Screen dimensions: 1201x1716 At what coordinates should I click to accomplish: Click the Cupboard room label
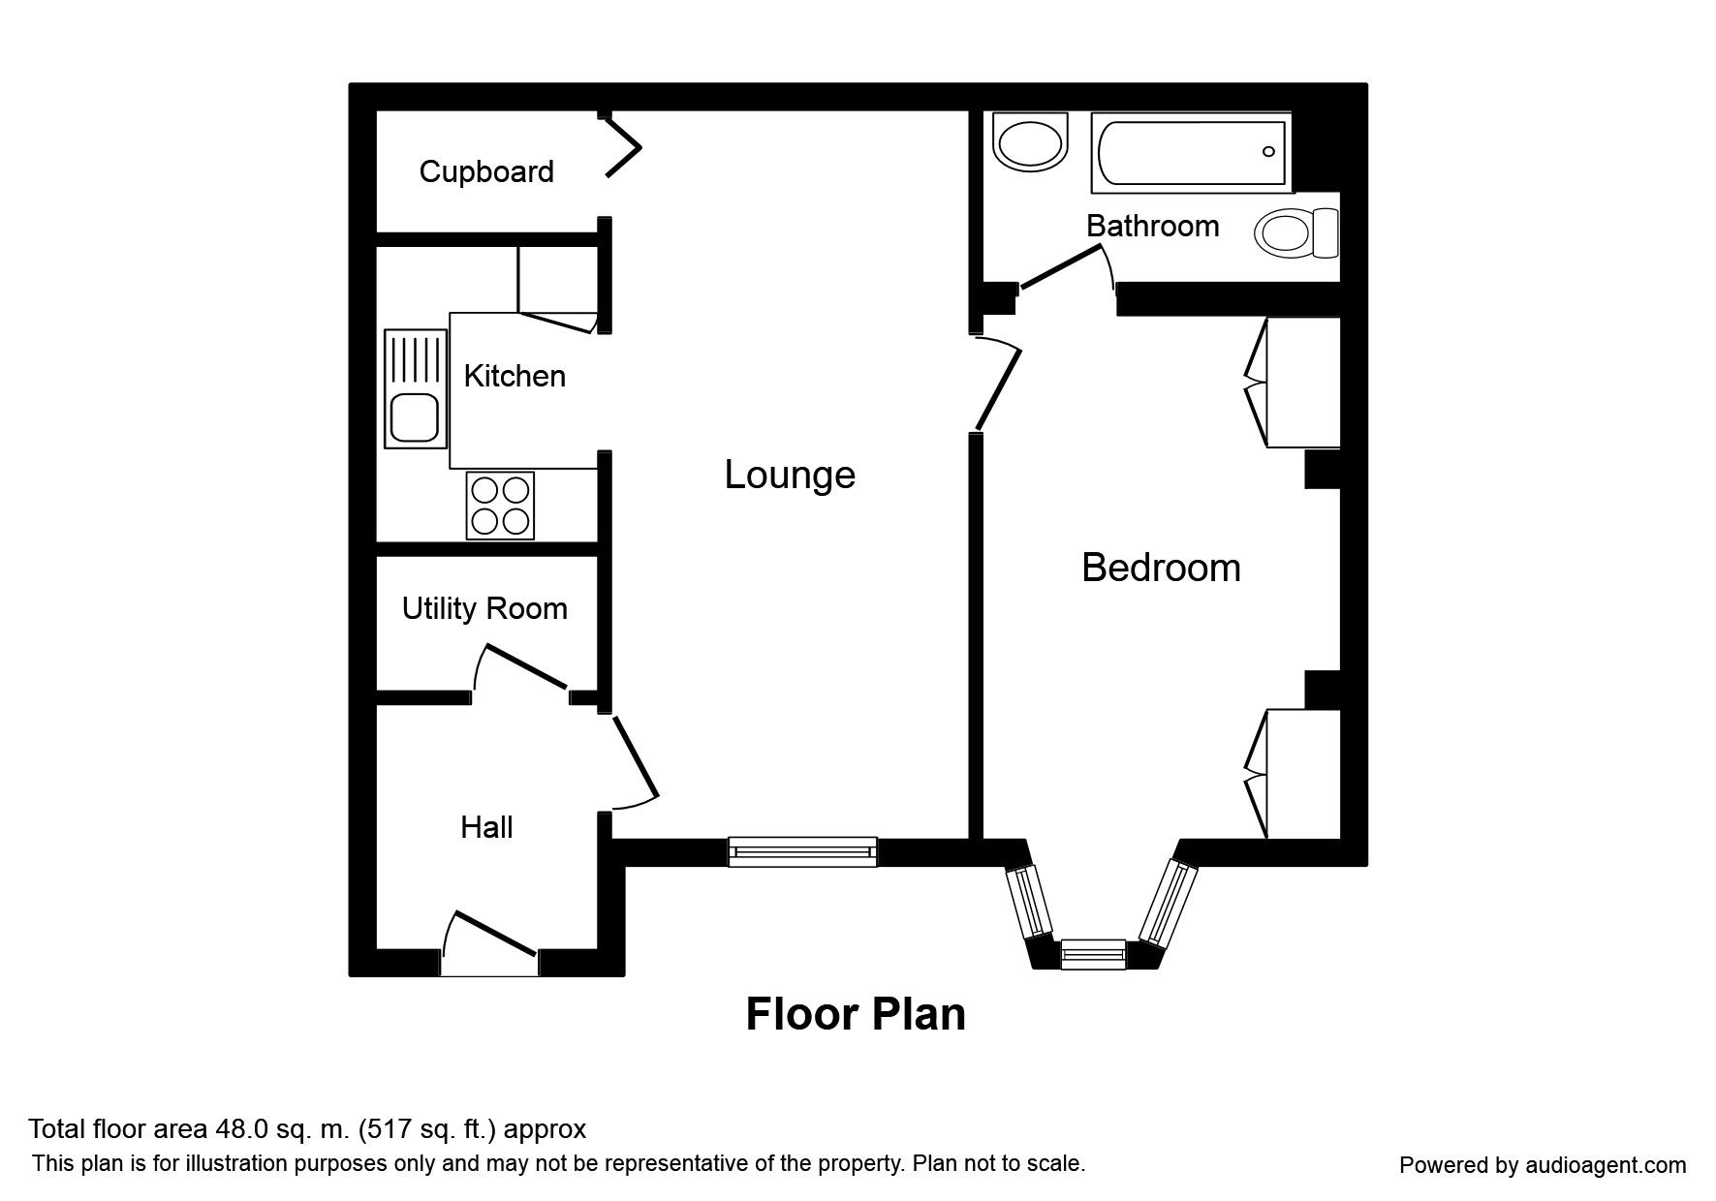click(486, 171)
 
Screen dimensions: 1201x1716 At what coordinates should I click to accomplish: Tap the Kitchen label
click(515, 376)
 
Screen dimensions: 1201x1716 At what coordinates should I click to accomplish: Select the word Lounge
click(790, 475)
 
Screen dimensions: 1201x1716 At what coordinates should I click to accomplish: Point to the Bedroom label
click(1161, 568)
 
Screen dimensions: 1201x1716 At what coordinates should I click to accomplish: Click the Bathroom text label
click(1152, 226)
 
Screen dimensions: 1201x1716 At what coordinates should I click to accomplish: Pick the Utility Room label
click(484, 608)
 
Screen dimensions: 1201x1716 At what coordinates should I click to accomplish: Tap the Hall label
click(486, 827)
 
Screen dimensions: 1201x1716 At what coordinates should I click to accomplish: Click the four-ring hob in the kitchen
click(500, 505)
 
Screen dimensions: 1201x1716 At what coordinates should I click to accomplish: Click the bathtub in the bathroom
click(1191, 152)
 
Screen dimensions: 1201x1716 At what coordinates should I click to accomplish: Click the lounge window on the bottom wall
click(802, 851)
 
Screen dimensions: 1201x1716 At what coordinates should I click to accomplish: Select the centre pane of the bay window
click(1093, 954)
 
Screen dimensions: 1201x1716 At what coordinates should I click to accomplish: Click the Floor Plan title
click(856, 1015)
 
